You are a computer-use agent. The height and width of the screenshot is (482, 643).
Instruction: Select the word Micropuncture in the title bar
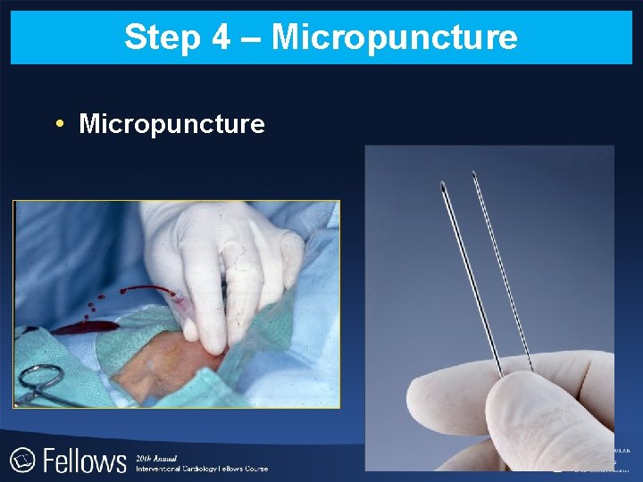[394, 37]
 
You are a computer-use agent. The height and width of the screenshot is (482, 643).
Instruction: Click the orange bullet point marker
[58, 123]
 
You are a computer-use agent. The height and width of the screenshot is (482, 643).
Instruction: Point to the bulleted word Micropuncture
[171, 123]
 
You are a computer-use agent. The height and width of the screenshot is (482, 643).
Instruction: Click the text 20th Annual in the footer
[155, 456]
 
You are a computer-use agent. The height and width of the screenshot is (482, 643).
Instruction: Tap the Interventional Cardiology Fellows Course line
[201, 468]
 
